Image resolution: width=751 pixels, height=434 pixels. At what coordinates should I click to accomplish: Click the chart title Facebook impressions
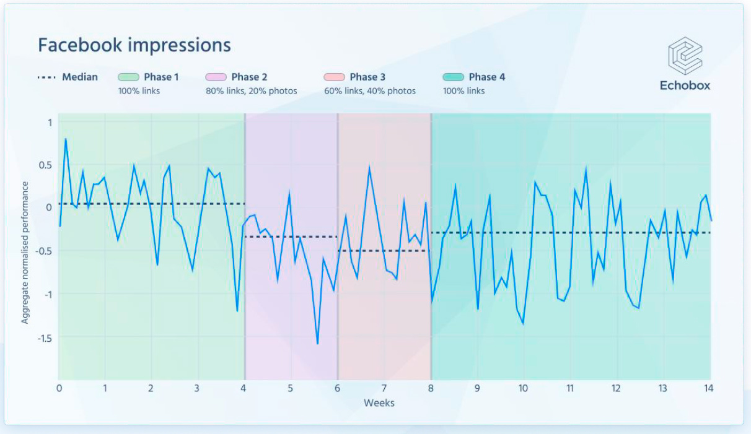(134, 45)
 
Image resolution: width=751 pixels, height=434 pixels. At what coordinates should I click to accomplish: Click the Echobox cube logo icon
(685, 56)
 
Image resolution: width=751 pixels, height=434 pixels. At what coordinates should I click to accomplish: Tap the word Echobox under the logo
(685, 85)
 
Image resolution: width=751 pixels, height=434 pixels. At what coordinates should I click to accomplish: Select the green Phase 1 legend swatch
(128, 77)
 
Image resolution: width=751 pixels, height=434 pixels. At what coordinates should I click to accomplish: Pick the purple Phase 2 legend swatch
(216, 77)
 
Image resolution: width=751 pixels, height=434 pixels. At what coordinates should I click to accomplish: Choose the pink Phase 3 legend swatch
(334, 77)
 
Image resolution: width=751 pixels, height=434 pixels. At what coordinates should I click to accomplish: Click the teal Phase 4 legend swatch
(453, 77)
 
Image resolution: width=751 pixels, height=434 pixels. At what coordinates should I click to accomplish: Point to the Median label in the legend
(79, 77)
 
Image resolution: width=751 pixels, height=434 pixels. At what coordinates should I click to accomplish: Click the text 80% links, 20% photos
(252, 91)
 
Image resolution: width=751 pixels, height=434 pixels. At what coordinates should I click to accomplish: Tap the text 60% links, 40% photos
(370, 91)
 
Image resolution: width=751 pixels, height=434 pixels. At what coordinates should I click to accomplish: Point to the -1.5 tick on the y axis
(43, 338)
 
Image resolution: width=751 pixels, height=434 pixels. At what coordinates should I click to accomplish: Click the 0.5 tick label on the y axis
(46, 165)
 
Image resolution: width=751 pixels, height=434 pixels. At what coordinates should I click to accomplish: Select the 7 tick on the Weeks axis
(384, 388)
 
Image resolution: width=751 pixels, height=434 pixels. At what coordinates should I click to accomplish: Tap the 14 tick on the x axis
(709, 388)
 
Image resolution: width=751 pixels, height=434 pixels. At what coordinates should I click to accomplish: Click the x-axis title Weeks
(379, 403)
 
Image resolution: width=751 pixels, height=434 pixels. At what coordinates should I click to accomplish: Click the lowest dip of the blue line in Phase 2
(317, 344)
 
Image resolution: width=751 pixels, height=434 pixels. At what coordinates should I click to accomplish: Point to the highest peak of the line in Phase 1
(65, 139)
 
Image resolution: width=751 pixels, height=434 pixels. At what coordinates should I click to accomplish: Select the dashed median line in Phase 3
(384, 251)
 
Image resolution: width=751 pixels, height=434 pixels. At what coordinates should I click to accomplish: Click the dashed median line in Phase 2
(291, 237)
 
